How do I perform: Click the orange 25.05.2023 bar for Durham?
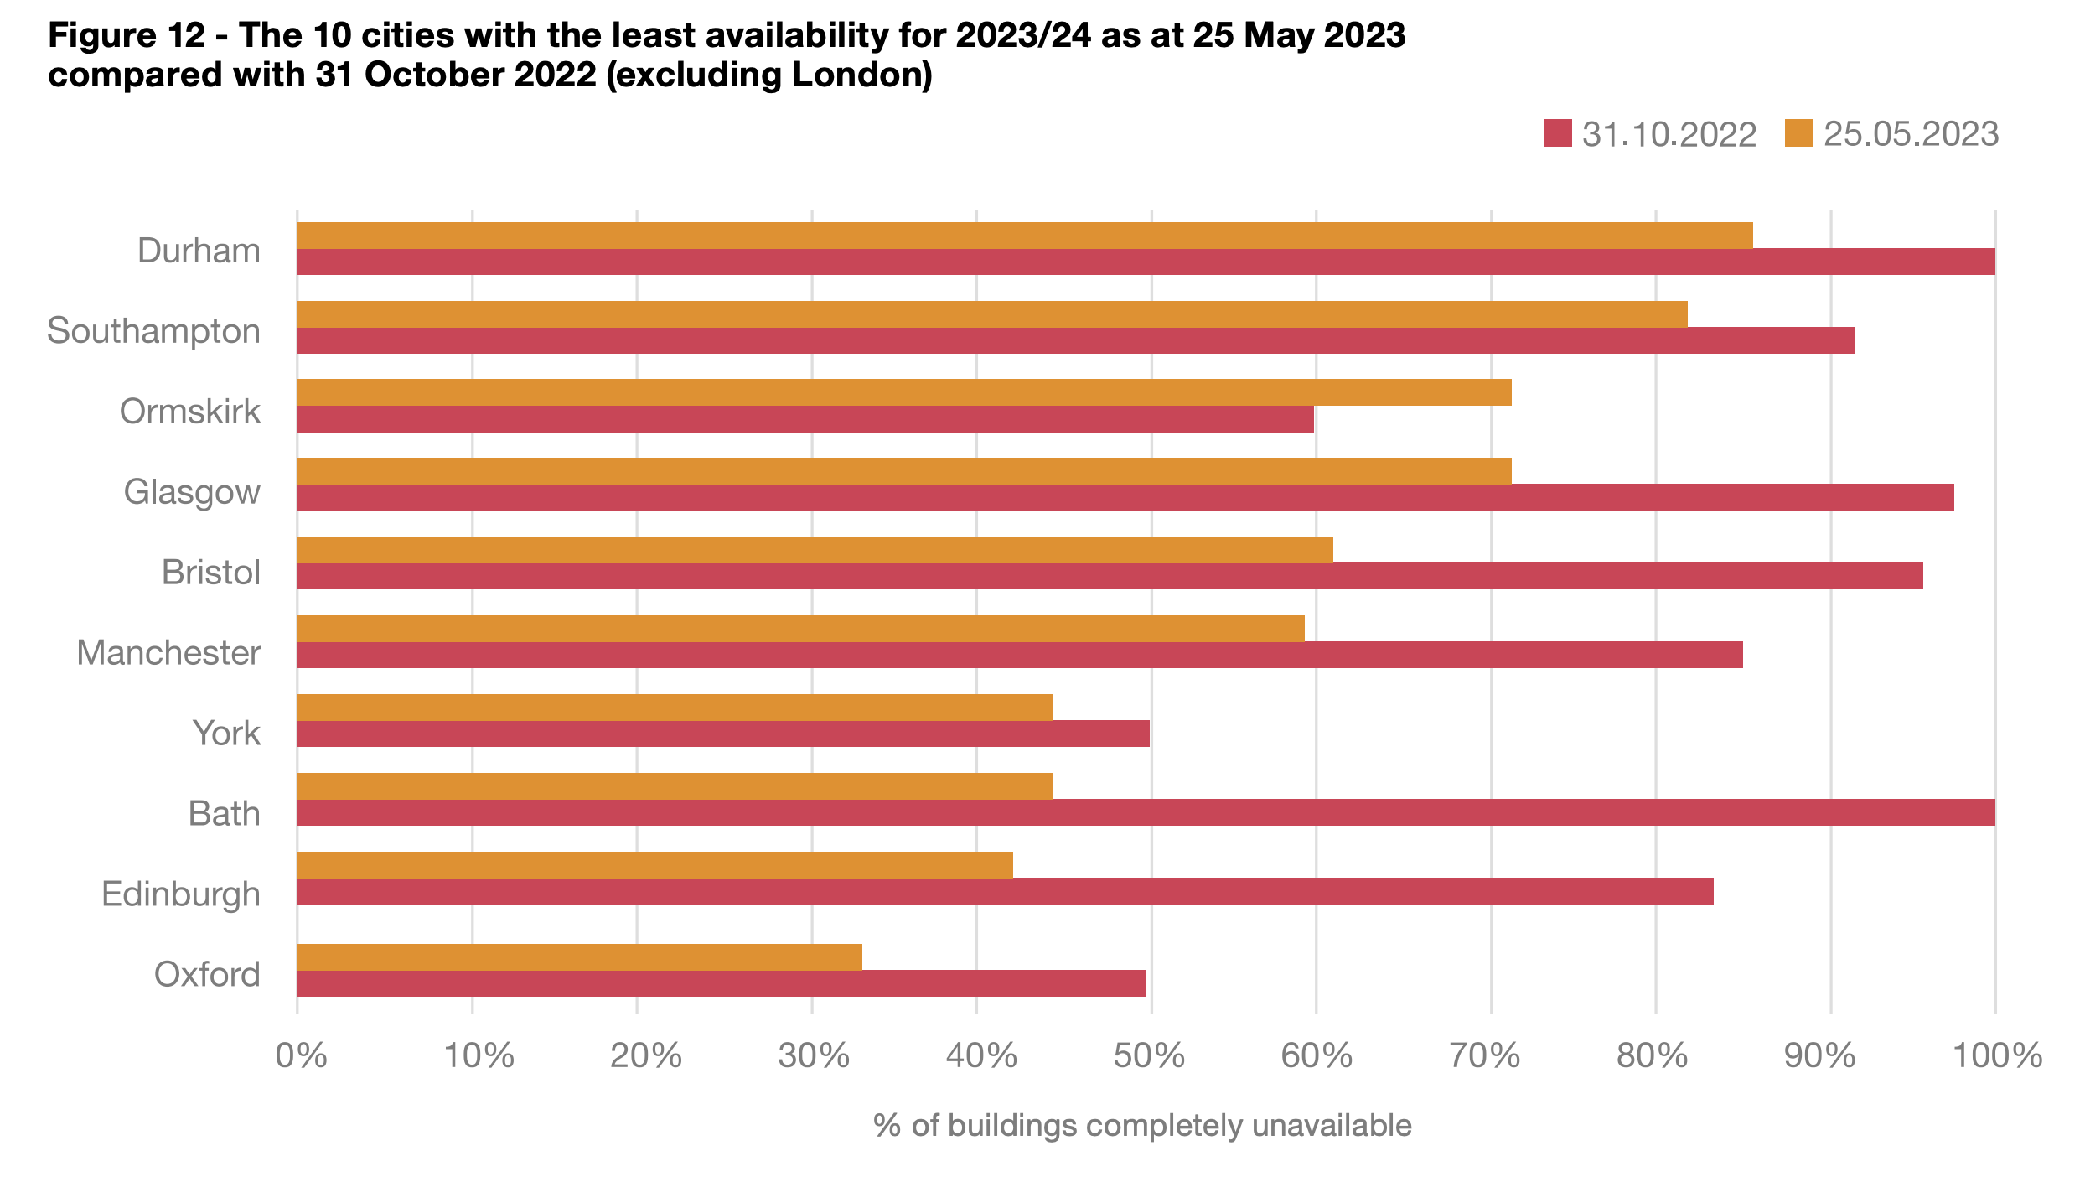1024,236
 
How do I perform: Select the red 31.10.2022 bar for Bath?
1146,812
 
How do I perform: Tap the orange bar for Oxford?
579,956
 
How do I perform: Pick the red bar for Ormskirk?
805,419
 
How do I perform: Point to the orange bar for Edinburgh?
654,864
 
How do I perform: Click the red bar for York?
723,734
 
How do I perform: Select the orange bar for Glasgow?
904,471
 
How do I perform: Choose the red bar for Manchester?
1020,655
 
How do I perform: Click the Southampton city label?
153,331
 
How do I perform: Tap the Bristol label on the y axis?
211,573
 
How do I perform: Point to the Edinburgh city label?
181,894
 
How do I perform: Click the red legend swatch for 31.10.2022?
1558,134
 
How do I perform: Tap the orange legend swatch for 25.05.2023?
1798,134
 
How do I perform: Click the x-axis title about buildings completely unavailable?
1142,1125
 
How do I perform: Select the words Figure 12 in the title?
127,35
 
